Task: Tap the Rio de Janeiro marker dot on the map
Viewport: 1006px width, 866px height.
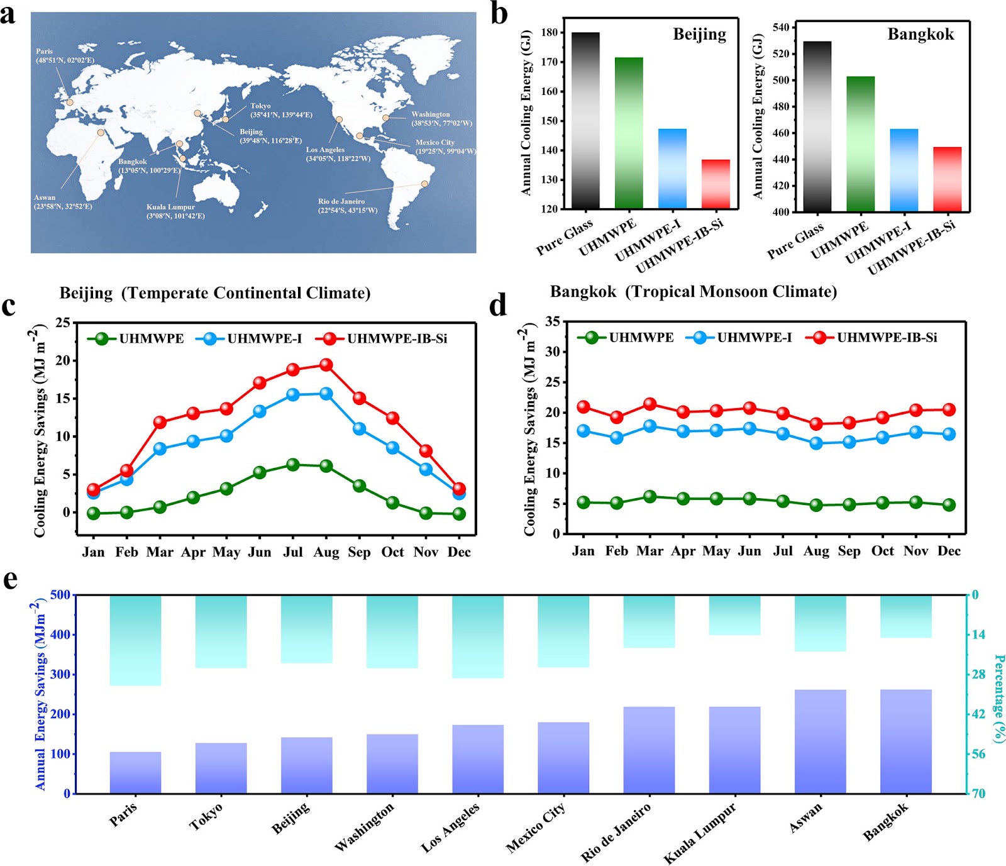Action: [x=424, y=184]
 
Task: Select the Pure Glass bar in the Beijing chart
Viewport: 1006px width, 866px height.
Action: [x=585, y=120]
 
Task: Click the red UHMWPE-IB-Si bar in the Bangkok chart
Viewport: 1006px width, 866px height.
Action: [x=947, y=179]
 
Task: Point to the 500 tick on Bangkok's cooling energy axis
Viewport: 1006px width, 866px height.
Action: [x=780, y=80]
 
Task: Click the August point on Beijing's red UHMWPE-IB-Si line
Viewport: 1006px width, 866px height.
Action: [x=326, y=364]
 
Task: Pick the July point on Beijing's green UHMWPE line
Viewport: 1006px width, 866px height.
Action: [x=292, y=465]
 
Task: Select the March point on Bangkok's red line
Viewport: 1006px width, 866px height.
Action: [x=649, y=404]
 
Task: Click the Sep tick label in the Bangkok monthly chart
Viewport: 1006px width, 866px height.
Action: [x=849, y=551]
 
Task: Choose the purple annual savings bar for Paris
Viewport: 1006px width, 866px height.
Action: [x=135, y=772]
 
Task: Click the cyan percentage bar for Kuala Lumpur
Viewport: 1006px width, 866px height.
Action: [x=734, y=615]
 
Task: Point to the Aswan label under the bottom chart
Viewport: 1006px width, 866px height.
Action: [x=805, y=818]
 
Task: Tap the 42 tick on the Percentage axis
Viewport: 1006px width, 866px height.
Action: [x=978, y=714]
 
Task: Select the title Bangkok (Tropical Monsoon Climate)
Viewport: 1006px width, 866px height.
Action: [x=694, y=292]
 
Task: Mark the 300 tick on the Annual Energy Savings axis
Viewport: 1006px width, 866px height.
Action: [x=60, y=674]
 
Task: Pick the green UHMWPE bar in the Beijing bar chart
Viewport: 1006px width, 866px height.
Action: [x=629, y=133]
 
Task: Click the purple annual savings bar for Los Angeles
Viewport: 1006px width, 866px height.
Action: [x=478, y=759]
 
